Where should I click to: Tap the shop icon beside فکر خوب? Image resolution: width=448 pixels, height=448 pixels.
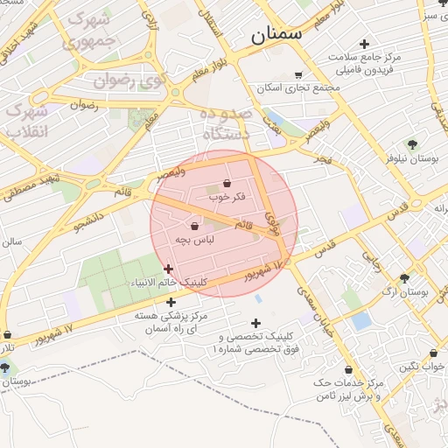point(227,184)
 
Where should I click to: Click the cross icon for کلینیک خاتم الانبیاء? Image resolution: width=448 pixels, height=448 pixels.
point(169,269)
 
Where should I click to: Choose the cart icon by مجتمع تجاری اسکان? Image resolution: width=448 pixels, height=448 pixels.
point(299,75)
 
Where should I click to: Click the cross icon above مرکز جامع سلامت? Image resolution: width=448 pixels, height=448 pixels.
point(364,44)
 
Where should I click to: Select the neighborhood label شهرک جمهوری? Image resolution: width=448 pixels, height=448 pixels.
point(84,29)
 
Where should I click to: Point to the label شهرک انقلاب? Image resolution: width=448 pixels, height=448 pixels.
point(26,122)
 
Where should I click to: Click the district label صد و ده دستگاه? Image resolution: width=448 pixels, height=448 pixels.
point(226,125)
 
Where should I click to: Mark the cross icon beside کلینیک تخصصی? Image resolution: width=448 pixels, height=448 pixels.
point(255,323)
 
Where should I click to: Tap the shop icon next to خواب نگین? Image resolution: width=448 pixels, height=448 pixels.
point(432,353)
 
